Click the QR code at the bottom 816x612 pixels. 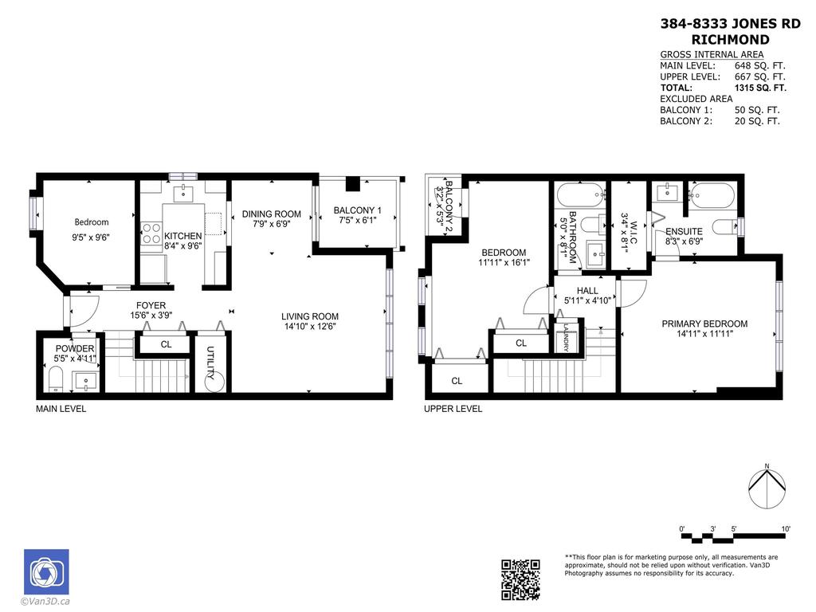point(520,579)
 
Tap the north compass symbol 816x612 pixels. point(767,486)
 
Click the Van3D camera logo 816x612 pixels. point(46,571)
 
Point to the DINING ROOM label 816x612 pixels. point(272,214)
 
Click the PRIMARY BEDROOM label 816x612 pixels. point(704,324)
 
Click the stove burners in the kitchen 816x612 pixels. point(151,233)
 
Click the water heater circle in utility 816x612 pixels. point(215,382)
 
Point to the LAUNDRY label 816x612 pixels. point(565,338)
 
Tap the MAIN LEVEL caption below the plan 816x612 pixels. point(61,409)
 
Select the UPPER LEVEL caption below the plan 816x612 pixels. point(453,409)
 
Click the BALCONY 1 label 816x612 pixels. point(357,210)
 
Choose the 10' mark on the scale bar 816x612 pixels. point(786,529)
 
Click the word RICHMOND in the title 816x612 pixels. point(730,39)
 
